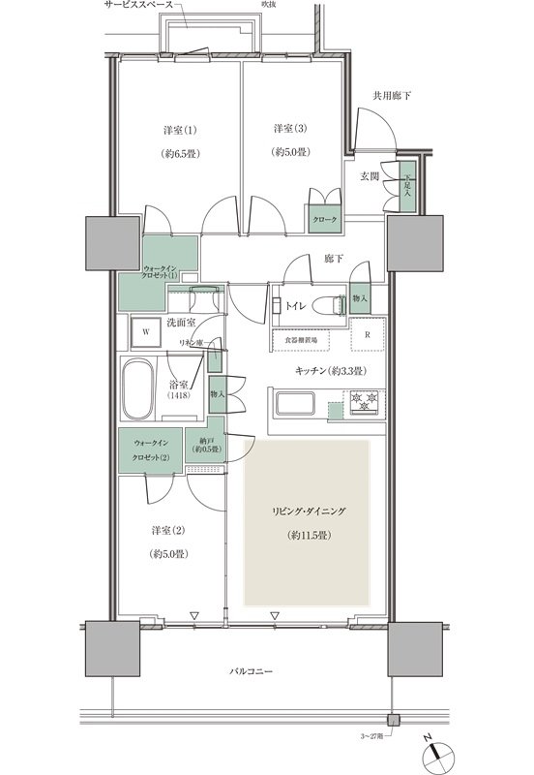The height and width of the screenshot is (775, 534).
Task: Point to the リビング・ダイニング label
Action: tap(306, 511)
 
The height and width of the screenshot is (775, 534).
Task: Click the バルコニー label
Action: tap(251, 671)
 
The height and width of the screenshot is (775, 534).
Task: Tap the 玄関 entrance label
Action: tap(371, 175)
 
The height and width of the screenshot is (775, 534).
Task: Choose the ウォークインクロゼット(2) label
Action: tap(151, 451)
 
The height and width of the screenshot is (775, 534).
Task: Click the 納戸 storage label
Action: tap(205, 447)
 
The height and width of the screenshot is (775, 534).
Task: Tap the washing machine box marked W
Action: tap(145, 330)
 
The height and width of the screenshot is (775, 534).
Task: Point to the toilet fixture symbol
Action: tap(331, 305)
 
